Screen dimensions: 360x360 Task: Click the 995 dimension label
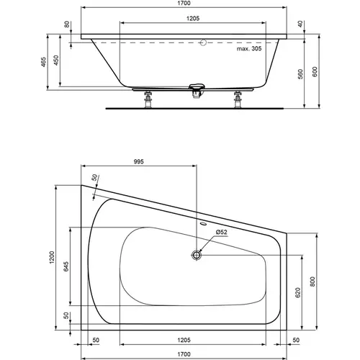click(140, 162)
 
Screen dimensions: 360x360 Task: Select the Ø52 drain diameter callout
click(221, 232)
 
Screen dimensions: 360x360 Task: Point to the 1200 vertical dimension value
click(50, 258)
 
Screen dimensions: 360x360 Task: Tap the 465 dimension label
click(50, 62)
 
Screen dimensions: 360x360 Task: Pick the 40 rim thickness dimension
click(300, 24)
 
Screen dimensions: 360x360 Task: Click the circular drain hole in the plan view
click(197, 254)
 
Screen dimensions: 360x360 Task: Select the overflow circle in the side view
click(202, 42)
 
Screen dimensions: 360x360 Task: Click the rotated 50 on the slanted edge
click(94, 177)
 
